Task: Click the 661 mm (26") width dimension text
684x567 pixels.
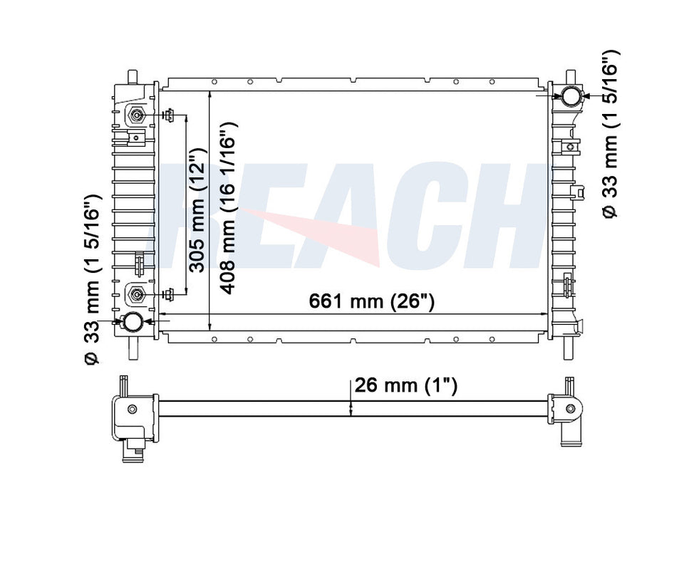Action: pyautogui.click(x=371, y=301)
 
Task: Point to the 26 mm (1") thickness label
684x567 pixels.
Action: pyautogui.click(x=405, y=385)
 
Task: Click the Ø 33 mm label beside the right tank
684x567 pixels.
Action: pyautogui.click(x=612, y=135)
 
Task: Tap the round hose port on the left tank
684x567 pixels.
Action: pyautogui.click(x=133, y=323)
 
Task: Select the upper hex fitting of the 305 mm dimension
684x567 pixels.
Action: pyautogui.click(x=137, y=115)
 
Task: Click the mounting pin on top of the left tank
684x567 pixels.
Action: pyautogui.click(x=132, y=76)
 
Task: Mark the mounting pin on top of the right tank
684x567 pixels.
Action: pyautogui.click(x=571, y=76)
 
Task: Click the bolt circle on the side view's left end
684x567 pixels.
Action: pyautogui.click(x=133, y=409)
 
